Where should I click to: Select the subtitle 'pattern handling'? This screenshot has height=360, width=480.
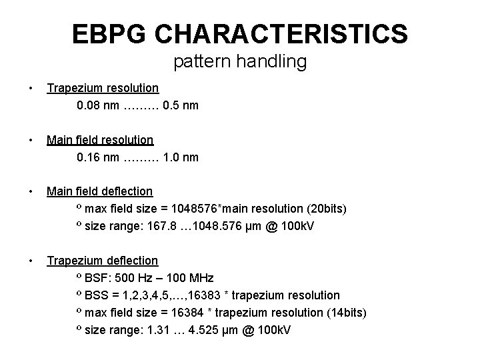click(239, 62)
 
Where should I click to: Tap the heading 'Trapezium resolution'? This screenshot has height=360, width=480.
click(102, 87)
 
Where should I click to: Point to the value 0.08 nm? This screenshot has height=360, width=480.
click(98, 105)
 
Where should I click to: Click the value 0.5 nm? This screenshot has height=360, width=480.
click(180, 105)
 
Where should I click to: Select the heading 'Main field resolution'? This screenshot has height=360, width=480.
click(99, 139)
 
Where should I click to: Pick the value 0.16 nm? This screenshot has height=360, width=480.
click(98, 157)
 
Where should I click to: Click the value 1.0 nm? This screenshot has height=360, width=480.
click(180, 157)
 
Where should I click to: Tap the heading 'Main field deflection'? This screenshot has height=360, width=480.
click(99, 191)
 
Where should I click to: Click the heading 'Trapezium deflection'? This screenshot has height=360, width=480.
click(102, 261)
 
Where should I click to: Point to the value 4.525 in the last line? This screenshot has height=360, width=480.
click(209, 330)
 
